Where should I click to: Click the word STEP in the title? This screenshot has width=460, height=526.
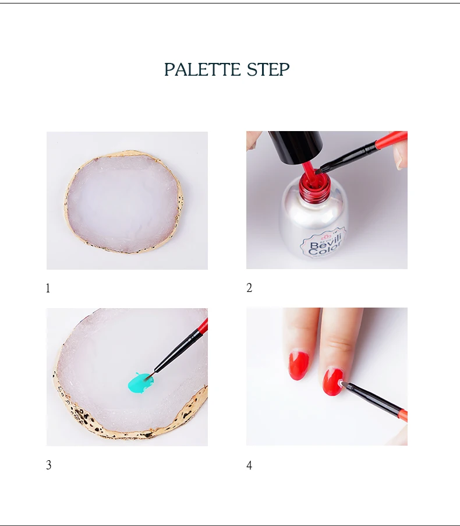pyautogui.click(x=268, y=69)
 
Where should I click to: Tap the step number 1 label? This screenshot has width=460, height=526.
pyautogui.click(x=48, y=288)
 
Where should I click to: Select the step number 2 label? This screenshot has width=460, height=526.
pyautogui.click(x=249, y=288)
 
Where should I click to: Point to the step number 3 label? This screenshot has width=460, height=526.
pyautogui.click(x=48, y=465)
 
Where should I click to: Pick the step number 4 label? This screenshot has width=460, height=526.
pyautogui.click(x=249, y=465)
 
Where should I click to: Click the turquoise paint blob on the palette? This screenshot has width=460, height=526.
pyautogui.click(x=141, y=383)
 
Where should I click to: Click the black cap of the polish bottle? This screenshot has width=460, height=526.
pyautogui.click(x=296, y=146)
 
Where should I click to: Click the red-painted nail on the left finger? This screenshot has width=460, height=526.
pyautogui.click(x=298, y=365)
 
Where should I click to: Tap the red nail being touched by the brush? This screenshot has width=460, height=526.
pyautogui.click(x=333, y=382)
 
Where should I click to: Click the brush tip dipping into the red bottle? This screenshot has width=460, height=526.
pyautogui.click(x=319, y=171)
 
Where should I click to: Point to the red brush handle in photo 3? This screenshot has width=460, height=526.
pyautogui.click(x=202, y=326)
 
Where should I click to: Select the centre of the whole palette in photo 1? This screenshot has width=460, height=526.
pyautogui.click(x=124, y=202)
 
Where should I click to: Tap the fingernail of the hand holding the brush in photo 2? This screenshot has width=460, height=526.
pyautogui.click(x=398, y=157)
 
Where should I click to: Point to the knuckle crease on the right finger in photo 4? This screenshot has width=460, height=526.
pyautogui.click(x=339, y=344)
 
